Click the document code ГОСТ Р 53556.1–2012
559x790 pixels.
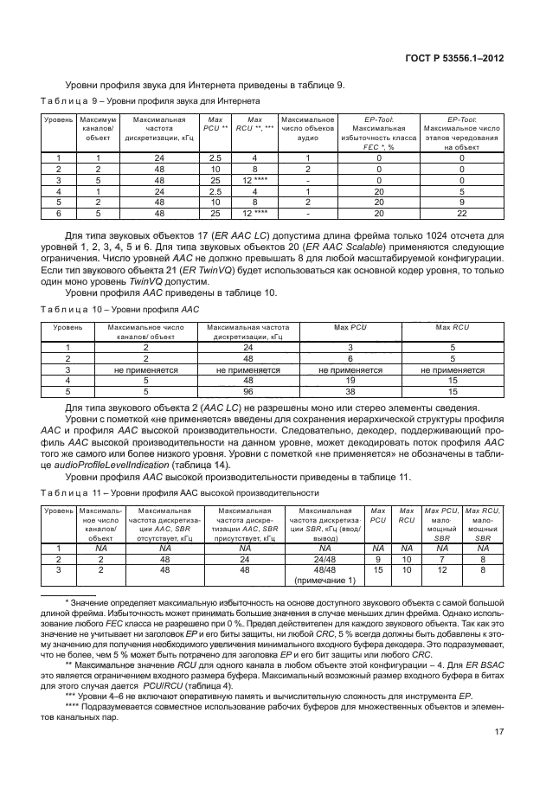coord(467,59)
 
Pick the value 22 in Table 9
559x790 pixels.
coord(461,214)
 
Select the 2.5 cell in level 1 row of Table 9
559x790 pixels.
coord(214,157)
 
